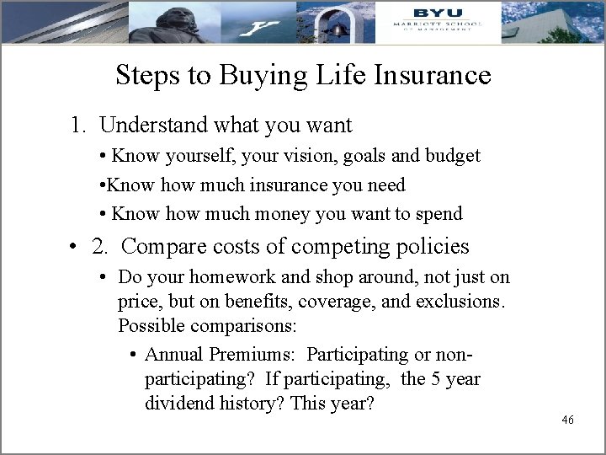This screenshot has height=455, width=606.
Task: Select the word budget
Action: [454, 156]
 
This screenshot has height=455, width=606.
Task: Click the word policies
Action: [428, 247]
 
